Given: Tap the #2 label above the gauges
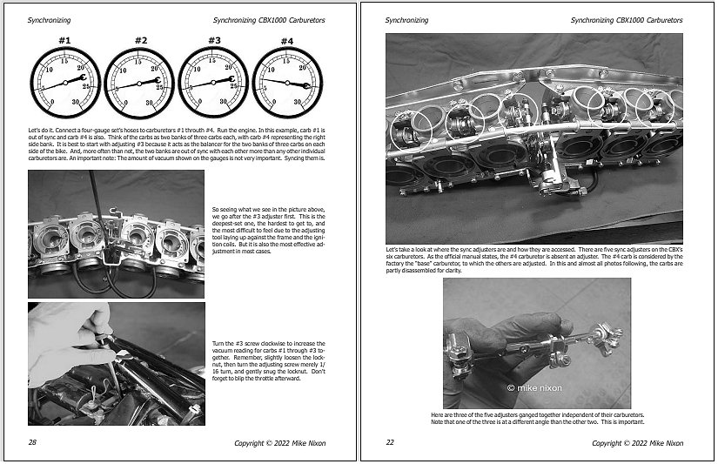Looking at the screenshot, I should (140, 39).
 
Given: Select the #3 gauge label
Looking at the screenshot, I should (214, 39).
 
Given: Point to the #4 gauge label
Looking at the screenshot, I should (286, 39).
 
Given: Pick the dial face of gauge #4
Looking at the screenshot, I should (287, 84).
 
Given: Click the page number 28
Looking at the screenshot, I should (32, 442).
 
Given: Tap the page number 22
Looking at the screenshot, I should (389, 442).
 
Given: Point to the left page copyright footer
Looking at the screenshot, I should (279, 442).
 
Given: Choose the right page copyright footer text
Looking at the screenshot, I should (637, 442).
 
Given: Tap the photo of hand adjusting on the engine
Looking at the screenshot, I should (116, 363).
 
